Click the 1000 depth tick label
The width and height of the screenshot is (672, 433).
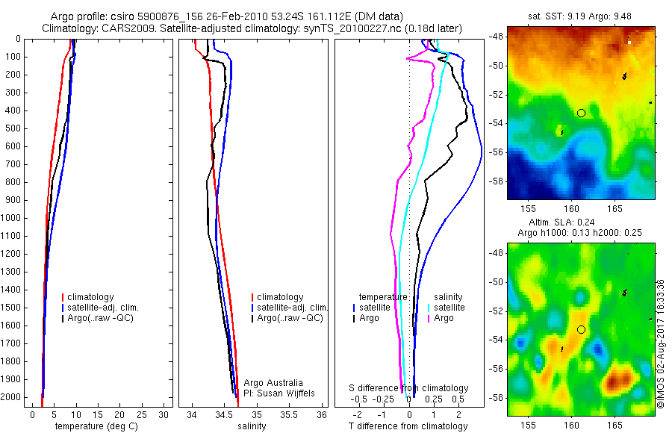(13, 218)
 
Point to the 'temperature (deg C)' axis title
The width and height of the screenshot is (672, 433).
(95, 426)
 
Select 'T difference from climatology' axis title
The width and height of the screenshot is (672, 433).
(408, 426)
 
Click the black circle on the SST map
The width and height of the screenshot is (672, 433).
(581, 113)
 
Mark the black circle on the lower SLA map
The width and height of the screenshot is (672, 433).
(581, 329)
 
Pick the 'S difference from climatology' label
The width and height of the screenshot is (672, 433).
(409, 388)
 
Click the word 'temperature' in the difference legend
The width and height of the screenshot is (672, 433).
(383, 296)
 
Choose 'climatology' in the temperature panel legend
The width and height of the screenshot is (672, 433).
(94, 296)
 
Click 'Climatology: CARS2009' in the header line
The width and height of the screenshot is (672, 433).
(101, 28)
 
